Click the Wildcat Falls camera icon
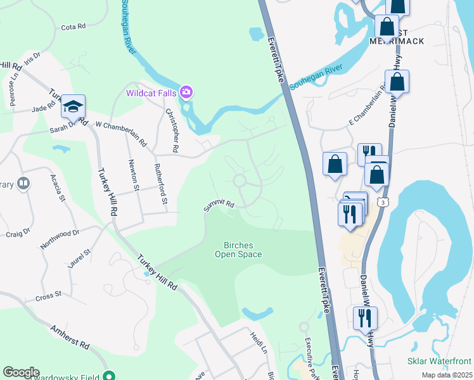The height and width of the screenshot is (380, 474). [186, 93]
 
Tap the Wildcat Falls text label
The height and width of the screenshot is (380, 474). [151, 93]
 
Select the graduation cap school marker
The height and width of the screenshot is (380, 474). [73, 107]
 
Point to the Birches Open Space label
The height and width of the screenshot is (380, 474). [243, 249]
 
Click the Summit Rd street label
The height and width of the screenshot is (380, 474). [219, 206]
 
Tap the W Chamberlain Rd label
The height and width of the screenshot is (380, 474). [120, 133]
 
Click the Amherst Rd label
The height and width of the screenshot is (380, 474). [71, 336]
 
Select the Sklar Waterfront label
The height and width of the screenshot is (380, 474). [439, 360]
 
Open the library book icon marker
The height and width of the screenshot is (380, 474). [23, 184]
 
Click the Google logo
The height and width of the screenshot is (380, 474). [21, 372]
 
